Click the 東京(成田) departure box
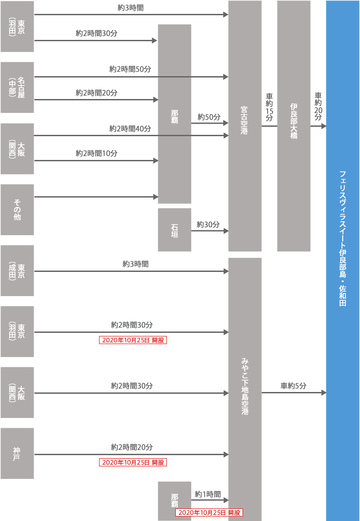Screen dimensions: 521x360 pos(17,271)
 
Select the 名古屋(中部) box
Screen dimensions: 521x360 pos(17,87)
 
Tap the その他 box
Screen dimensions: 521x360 pos(17,210)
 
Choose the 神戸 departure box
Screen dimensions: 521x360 pos(17,453)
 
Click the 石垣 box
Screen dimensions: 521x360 pos(174,230)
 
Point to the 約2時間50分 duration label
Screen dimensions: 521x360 pos(130,69)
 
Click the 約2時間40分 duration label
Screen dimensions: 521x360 pos(130,129)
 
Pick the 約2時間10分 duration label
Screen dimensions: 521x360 pos(96,153)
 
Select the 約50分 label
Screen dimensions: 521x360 pos(209,117)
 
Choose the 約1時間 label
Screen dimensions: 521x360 pos(208,494)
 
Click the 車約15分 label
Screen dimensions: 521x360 pos(269,108)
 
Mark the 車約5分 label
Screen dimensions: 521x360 pos(293,386)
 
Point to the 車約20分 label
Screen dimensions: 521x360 pos(318,106)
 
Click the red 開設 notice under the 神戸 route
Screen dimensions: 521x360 pos(133,462)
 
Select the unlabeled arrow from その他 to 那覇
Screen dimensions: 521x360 pos(96,197)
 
